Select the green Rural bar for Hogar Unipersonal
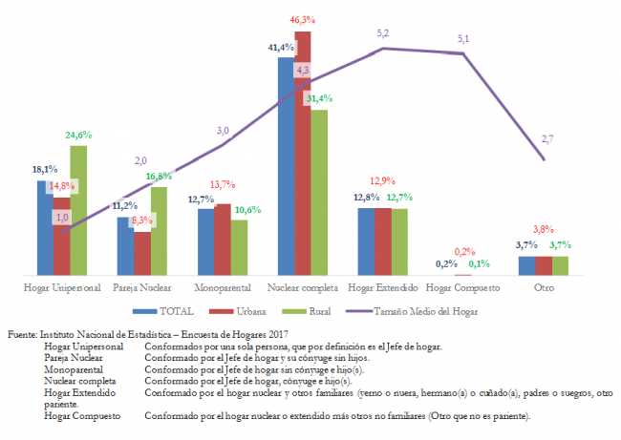click(x=78, y=210)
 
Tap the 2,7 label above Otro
click(x=547, y=138)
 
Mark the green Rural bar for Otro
click(x=559, y=265)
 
